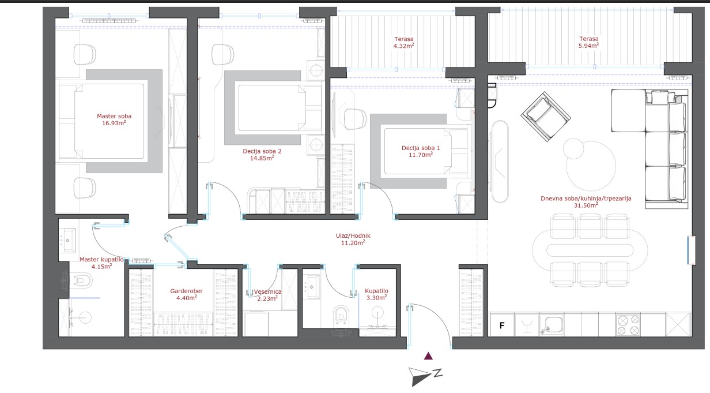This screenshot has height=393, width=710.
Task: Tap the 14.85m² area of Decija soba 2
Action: pos(262,158)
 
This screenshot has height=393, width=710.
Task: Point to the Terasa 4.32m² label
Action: pos(404,42)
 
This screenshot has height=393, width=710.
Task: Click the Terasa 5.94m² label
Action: pos(588,42)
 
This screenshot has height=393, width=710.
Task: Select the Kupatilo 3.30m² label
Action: pos(376,294)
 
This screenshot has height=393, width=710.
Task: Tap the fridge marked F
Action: pos(502,325)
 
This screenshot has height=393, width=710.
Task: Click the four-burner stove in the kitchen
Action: pos(628,325)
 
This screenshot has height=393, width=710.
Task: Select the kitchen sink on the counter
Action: pos(552,325)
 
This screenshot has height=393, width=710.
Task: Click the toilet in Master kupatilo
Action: pos(81,280)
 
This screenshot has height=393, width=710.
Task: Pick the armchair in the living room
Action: pos(546,117)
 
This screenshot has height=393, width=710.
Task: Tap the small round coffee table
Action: pos(573,148)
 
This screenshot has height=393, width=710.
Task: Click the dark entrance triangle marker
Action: pos(428,356)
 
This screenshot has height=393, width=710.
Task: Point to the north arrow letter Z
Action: pos(438,373)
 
